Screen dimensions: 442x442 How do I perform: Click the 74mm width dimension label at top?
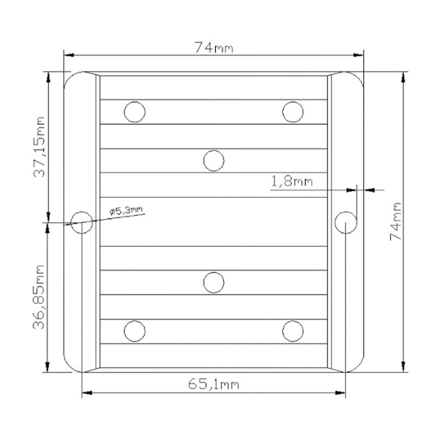coord(214,47)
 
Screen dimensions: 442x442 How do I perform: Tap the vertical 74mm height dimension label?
coord(395,221)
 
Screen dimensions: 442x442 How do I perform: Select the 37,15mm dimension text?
coord(39,147)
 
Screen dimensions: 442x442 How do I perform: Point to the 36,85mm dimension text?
coord(38,297)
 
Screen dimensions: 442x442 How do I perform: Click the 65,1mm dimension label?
coord(214,384)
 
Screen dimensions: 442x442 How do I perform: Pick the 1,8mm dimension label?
coord(292,181)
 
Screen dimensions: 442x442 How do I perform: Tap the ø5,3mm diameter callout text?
coord(126,210)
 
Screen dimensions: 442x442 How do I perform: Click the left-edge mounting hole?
coord(82,222)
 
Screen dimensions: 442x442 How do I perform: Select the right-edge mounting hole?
coord(346,222)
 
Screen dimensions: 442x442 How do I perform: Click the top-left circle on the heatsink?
coord(135,112)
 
